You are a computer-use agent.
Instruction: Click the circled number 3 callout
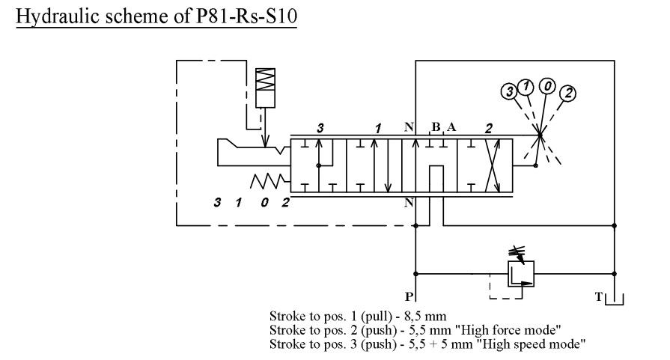pos(509,92)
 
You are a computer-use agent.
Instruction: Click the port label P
pos(409,296)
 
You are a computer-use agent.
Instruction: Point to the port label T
pos(598,296)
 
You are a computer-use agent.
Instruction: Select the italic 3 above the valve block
pos(320,128)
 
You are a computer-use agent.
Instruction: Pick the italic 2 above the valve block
pos(488,128)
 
